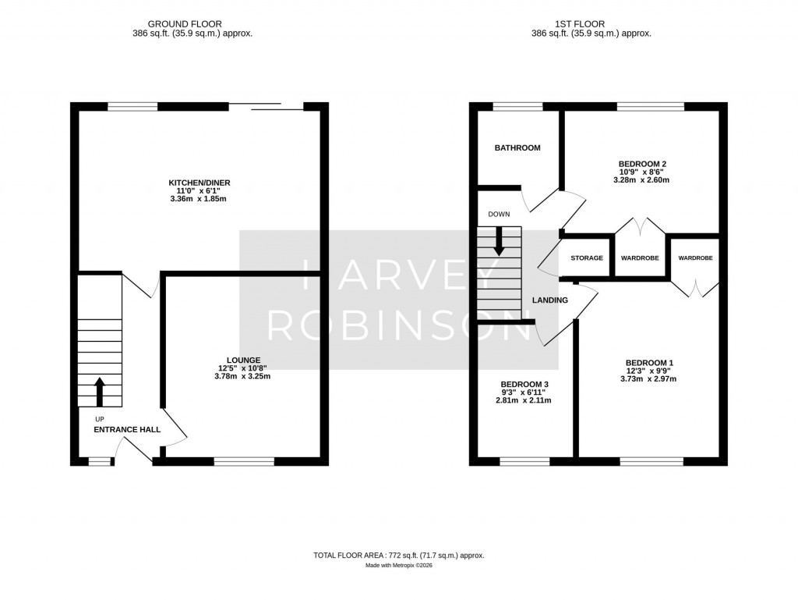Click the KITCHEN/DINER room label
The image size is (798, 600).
199,183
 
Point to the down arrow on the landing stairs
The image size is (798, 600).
499,242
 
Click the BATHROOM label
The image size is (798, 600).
517,147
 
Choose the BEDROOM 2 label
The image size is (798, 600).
641,164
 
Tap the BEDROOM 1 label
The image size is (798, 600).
648,363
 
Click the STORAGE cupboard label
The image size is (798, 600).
587,258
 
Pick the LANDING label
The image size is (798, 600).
549,300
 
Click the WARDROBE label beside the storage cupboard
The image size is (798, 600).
640,258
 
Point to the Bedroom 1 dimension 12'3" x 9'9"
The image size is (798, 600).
648,371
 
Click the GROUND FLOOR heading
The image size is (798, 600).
195,24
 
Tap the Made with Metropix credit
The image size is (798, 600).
398,566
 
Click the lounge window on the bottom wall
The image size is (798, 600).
244,462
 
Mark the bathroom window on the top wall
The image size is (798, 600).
517,107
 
